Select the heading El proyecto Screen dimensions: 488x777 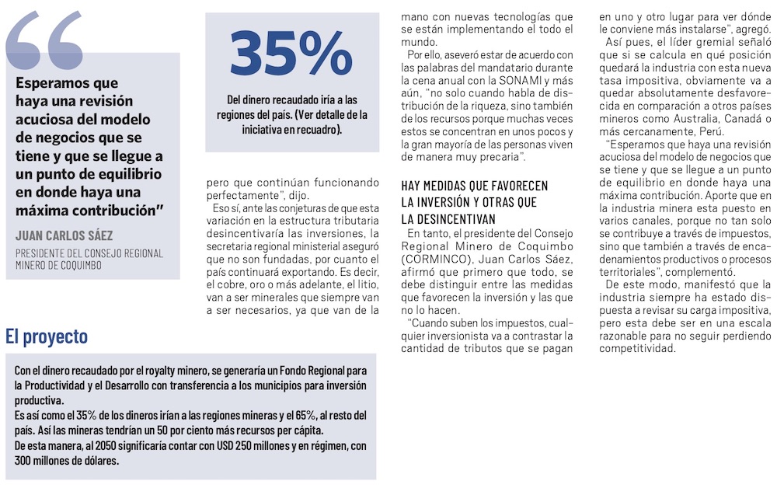46,336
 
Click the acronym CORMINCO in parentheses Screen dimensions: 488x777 436,258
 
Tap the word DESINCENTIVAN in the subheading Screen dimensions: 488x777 448,219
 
